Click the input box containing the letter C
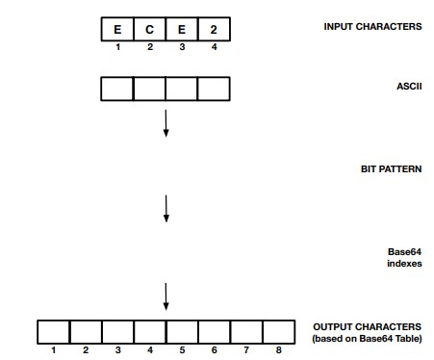pyautogui.click(x=149, y=29)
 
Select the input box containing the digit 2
pyautogui.click(x=214, y=29)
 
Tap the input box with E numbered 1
pyautogui.click(x=117, y=29)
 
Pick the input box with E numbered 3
pyautogui.click(x=182, y=29)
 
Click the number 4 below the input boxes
pyautogui.click(x=214, y=46)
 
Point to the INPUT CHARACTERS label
pyautogui.click(x=371, y=26)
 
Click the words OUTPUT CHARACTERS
pyautogui.click(x=367, y=327)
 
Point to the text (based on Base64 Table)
pyautogui.click(x=368, y=339)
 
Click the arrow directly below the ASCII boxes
pyautogui.click(x=166, y=122)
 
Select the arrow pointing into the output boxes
pyautogui.click(x=166, y=296)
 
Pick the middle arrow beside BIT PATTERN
pyautogui.click(x=166, y=208)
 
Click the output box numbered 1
pyautogui.click(x=53, y=332)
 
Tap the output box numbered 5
pyautogui.click(x=182, y=332)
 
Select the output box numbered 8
pyautogui.click(x=278, y=332)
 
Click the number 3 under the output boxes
pyautogui.click(x=117, y=350)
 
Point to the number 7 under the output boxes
pyautogui.click(x=246, y=350)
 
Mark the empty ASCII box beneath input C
pyautogui.click(x=149, y=90)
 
